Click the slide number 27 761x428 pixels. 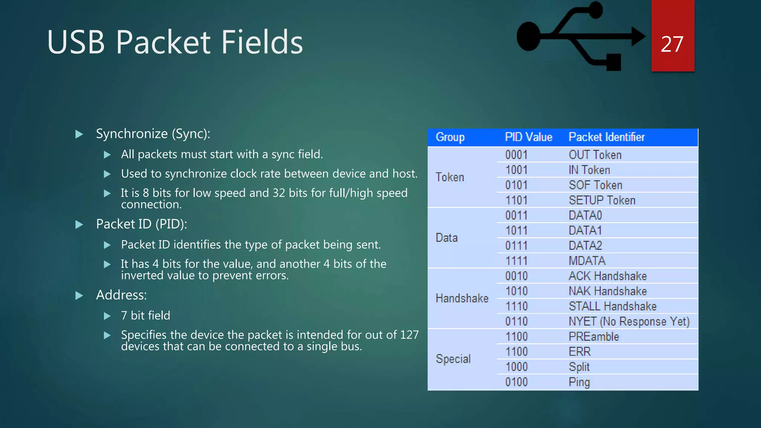click(x=672, y=45)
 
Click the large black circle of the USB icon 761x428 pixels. click(x=528, y=36)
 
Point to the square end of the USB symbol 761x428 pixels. click(x=613, y=62)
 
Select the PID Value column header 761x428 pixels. click(x=528, y=137)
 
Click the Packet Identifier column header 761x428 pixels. click(x=606, y=137)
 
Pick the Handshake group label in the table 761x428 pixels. click(x=462, y=298)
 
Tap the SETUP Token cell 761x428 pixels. click(x=602, y=200)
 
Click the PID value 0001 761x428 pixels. click(x=516, y=155)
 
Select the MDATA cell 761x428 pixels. click(x=587, y=261)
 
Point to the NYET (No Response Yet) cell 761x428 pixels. click(x=629, y=321)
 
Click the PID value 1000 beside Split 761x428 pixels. click(x=516, y=367)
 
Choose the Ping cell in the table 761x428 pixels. click(x=579, y=382)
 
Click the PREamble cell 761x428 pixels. click(x=593, y=337)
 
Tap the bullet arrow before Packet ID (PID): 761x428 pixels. click(x=79, y=224)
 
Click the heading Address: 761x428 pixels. click(x=121, y=295)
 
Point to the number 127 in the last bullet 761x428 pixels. click(x=409, y=335)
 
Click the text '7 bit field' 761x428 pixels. click(x=145, y=315)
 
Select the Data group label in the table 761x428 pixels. click(x=446, y=238)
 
